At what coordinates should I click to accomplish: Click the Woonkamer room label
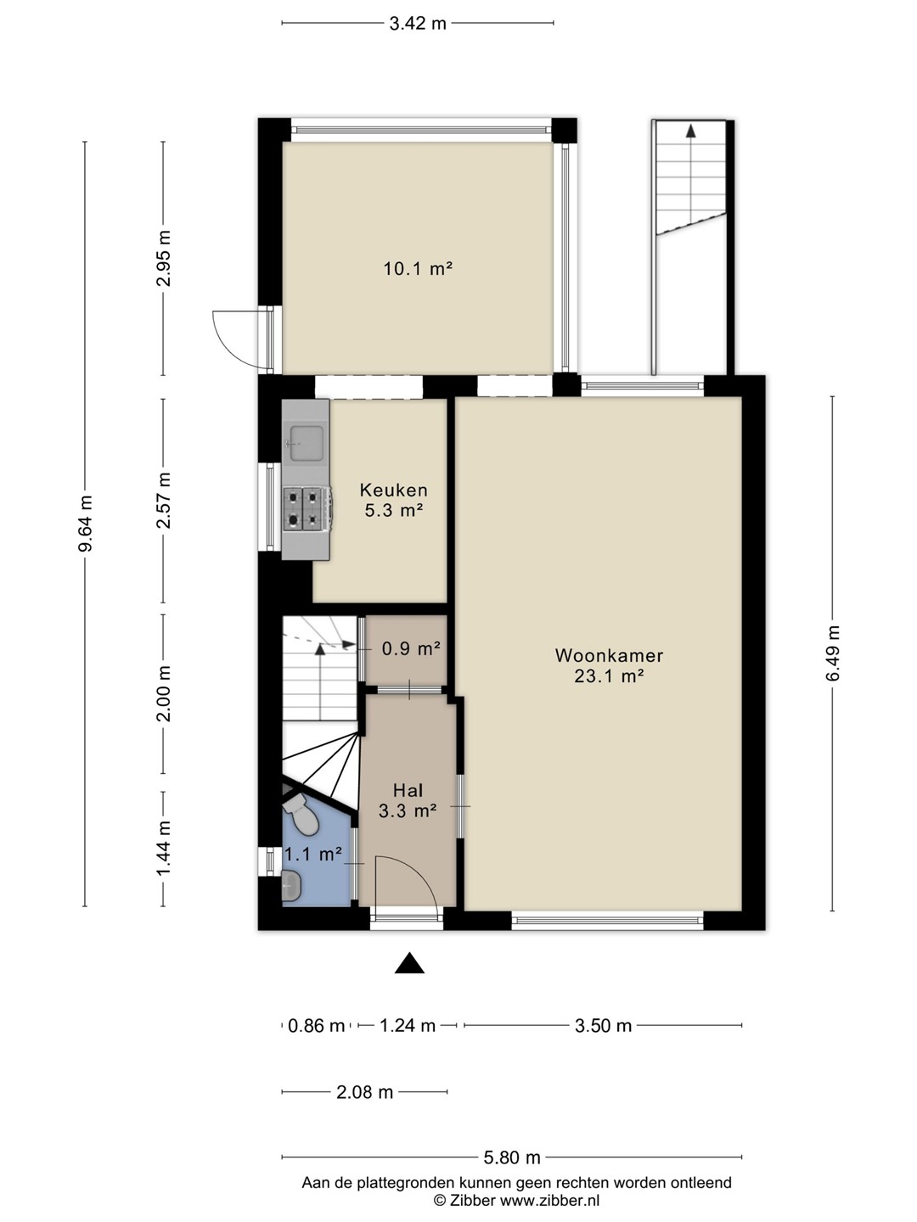609,655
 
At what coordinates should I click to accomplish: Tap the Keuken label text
394,490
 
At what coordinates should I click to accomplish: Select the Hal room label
408,791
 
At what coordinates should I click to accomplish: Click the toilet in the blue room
302,816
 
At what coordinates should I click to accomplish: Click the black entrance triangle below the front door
409,963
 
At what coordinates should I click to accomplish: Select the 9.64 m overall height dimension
85,524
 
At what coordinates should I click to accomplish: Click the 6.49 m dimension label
832,653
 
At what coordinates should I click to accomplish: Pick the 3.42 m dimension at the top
418,24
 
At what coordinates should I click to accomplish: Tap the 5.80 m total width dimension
512,1158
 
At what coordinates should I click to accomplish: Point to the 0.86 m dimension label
316,1025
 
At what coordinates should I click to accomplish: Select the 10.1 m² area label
418,269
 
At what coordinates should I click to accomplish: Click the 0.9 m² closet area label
411,648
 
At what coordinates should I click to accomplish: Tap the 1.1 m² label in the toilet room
313,854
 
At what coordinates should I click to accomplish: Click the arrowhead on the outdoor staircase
691,131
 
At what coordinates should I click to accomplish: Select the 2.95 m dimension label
163,258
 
